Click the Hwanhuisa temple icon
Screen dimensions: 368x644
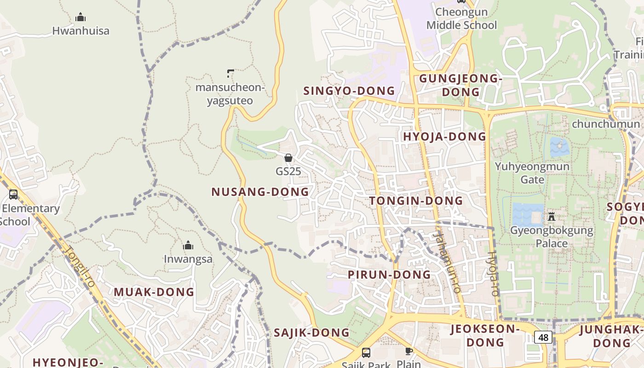[x=80, y=17]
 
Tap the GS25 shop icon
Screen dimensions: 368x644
[x=288, y=158]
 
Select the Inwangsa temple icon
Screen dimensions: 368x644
[x=188, y=246]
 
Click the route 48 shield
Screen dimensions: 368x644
[x=543, y=337]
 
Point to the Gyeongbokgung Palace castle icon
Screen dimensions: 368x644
[x=552, y=216]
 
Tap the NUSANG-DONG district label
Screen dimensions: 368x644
[x=260, y=192]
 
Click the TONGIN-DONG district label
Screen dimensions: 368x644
[x=416, y=201]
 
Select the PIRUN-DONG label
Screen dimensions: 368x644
[x=389, y=275]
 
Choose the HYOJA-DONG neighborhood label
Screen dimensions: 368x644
[x=444, y=136]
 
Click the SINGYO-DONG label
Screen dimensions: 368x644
[x=349, y=91]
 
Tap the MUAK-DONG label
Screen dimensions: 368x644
[x=154, y=292]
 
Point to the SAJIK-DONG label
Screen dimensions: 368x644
[x=311, y=333]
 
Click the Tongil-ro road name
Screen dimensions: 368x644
[x=80, y=267]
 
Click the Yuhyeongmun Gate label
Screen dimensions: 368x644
[x=532, y=172]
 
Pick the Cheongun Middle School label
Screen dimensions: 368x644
[x=461, y=18]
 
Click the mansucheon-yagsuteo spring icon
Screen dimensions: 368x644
[x=230, y=73]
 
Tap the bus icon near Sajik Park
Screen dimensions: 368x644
[x=366, y=353]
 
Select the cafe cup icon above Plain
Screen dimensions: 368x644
[x=408, y=351]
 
